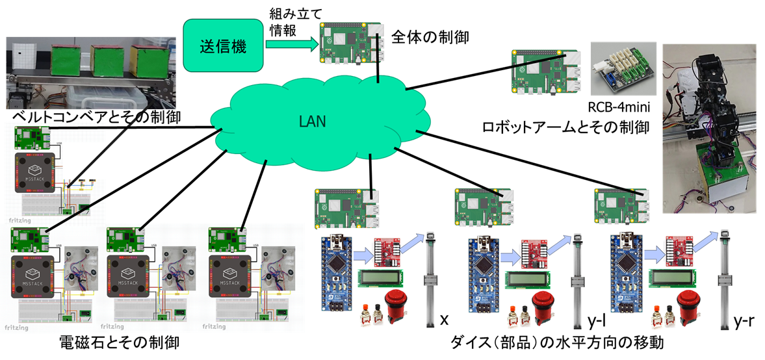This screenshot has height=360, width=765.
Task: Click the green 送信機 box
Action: pos(223,45)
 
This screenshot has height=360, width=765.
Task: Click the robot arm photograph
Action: pos(712,130)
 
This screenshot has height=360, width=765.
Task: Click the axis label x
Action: pos(445,320)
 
